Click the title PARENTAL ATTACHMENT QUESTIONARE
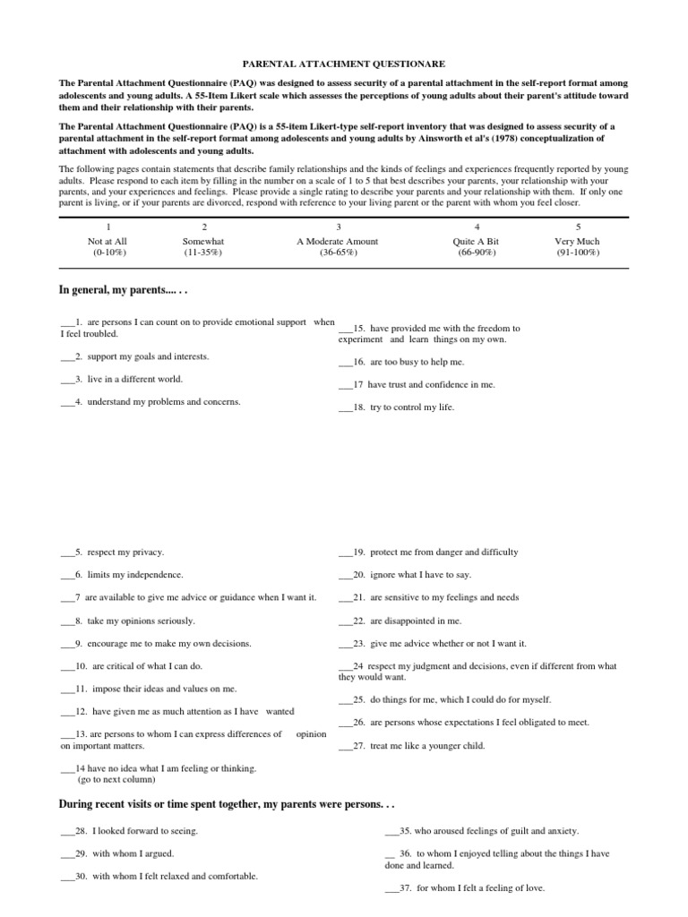(x=344, y=64)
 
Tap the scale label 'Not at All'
(x=107, y=241)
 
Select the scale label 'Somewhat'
(x=203, y=241)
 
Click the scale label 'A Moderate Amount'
(x=338, y=241)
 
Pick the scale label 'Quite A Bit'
(x=477, y=241)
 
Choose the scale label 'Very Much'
(x=578, y=241)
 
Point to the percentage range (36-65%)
(x=338, y=253)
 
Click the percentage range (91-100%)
(x=578, y=253)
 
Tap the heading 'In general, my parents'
(x=124, y=291)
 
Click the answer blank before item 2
(x=67, y=357)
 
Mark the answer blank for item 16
(x=345, y=363)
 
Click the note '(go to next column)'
(x=119, y=780)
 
